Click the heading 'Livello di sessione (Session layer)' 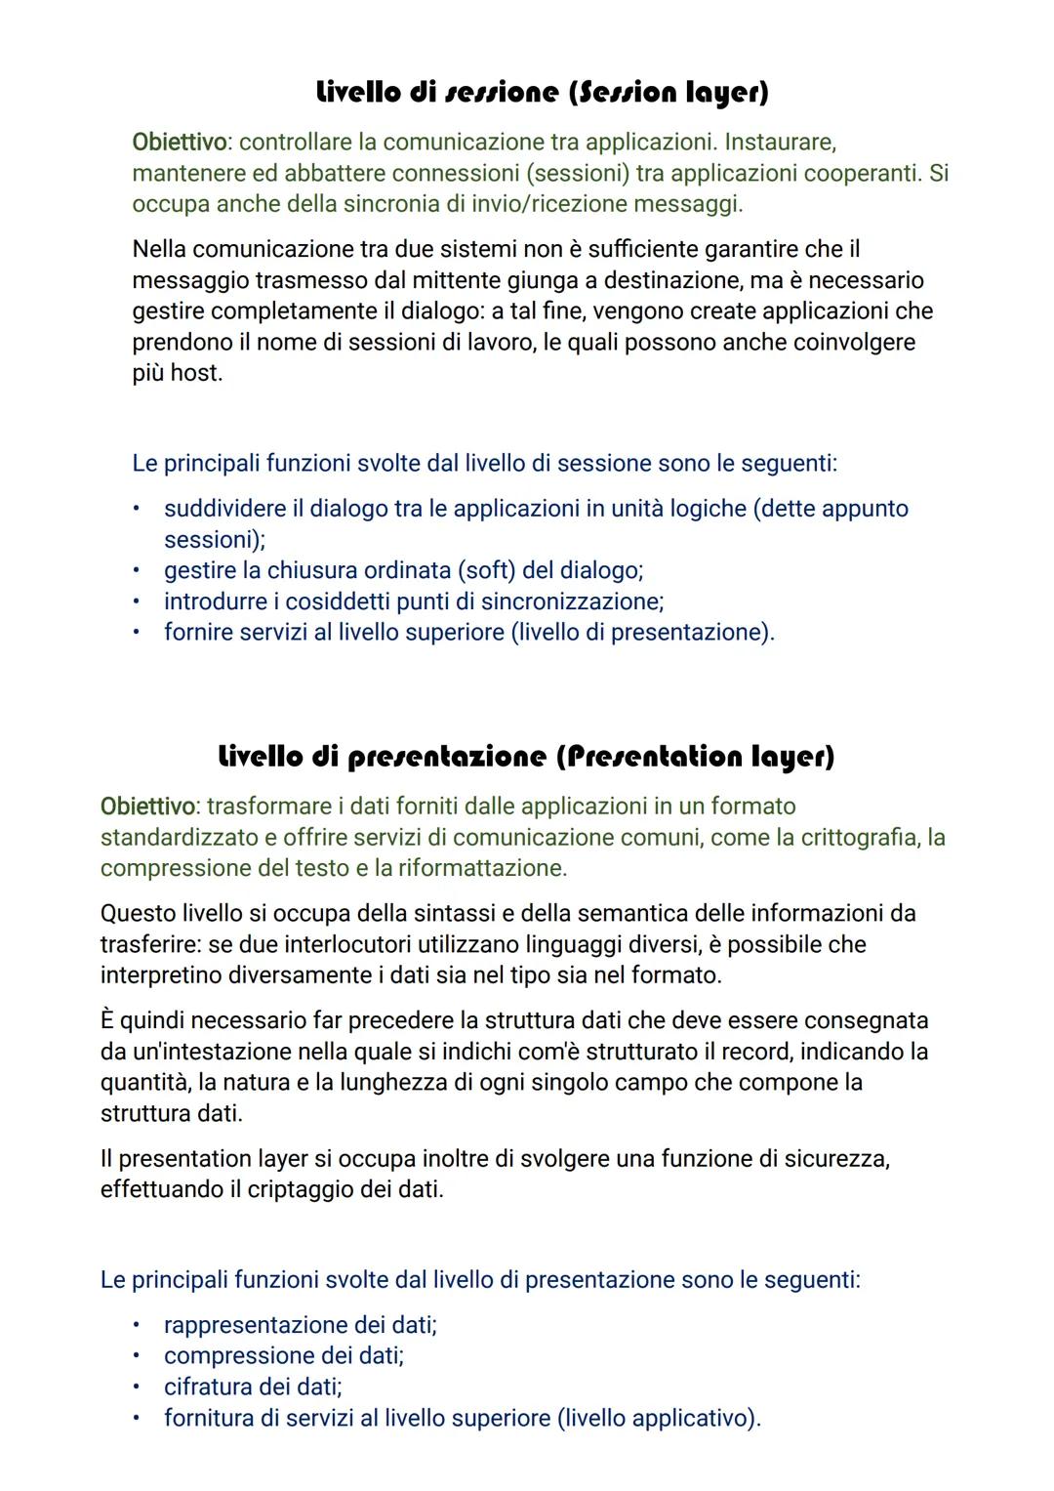pyautogui.click(x=543, y=93)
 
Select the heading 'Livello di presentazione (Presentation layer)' pyautogui.click(x=526, y=757)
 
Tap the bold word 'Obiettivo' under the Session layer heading pyautogui.click(x=179, y=143)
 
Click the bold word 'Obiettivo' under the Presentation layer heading pyautogui.click(x=147, y=807)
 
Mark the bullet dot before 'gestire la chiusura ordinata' pyautogui.click(x=138, y=570)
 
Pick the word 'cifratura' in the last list pyautogui.click(x=209, y=1387)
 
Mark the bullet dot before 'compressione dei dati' pyautogui.click(x=138, y=1356)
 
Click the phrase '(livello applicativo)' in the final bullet pyautogui.click(x=658, y=1419)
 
